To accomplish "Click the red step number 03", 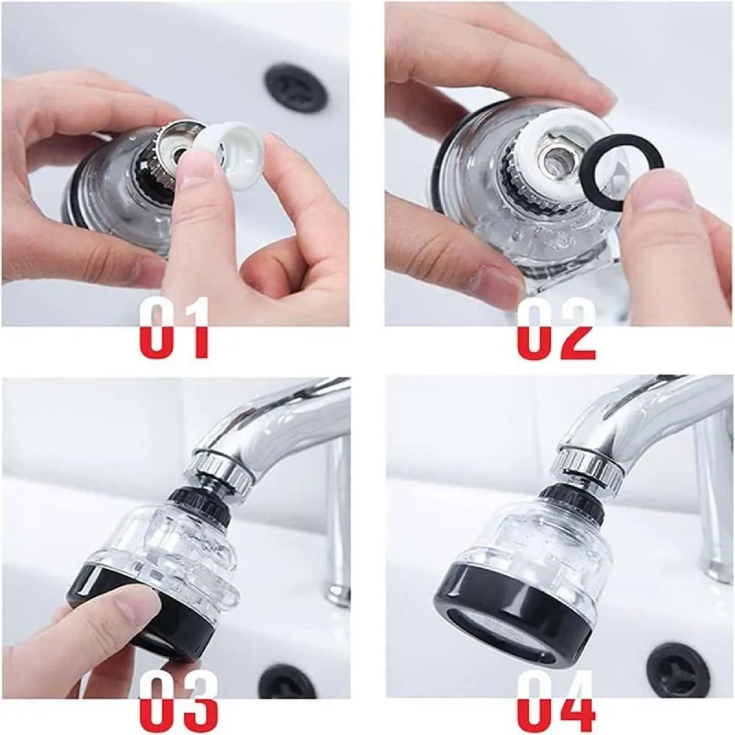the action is coord(179,701).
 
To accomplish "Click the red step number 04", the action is coord(557,701).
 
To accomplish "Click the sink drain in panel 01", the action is coord(296,89).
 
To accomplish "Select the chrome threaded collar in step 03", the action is coord(220,469).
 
